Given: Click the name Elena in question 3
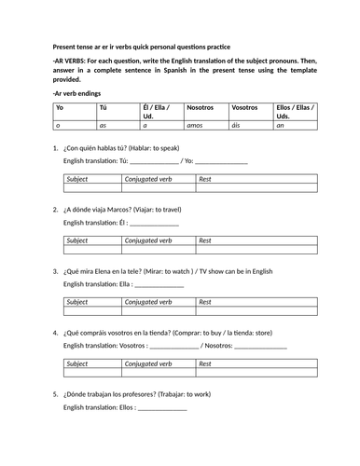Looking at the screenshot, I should (119, 271).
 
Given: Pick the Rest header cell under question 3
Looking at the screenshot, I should (206, 302).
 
